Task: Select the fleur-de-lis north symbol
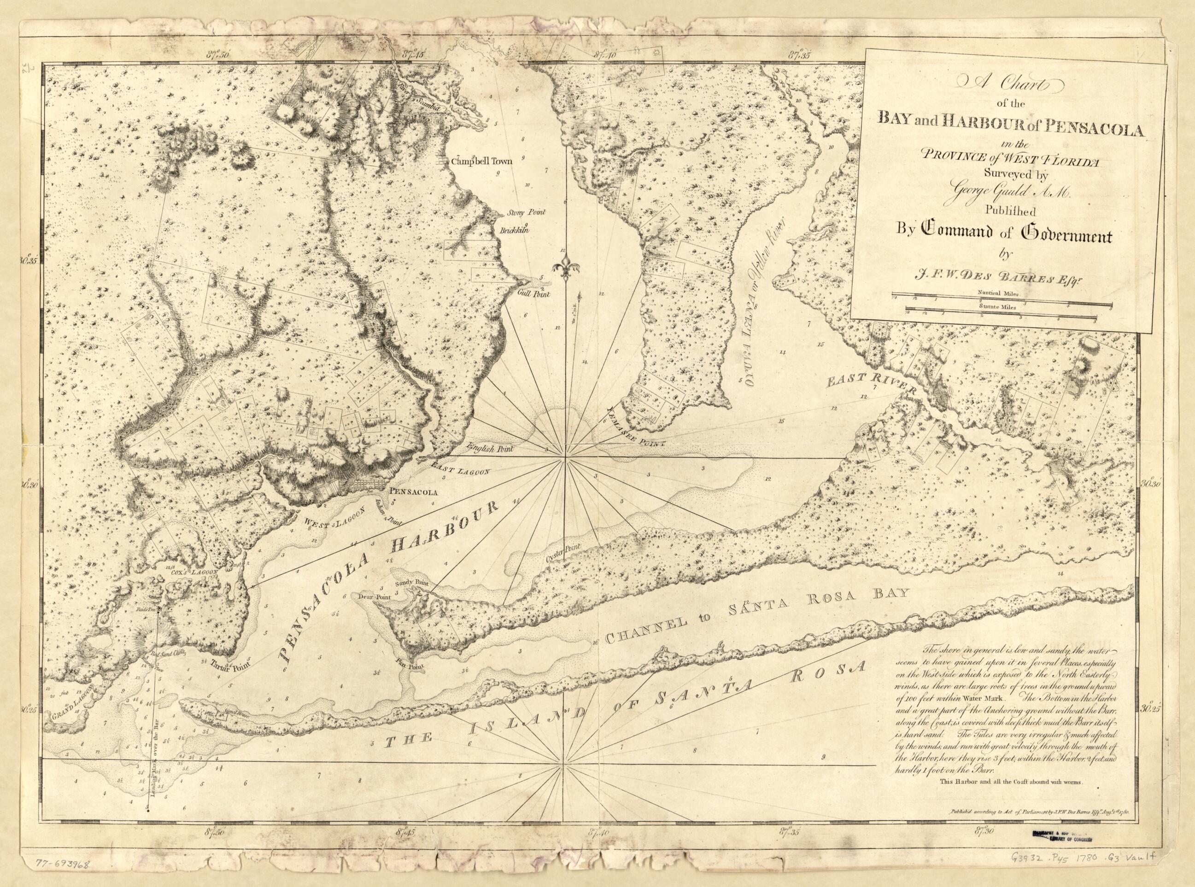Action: pyautogui.click(x=564, y=267)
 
